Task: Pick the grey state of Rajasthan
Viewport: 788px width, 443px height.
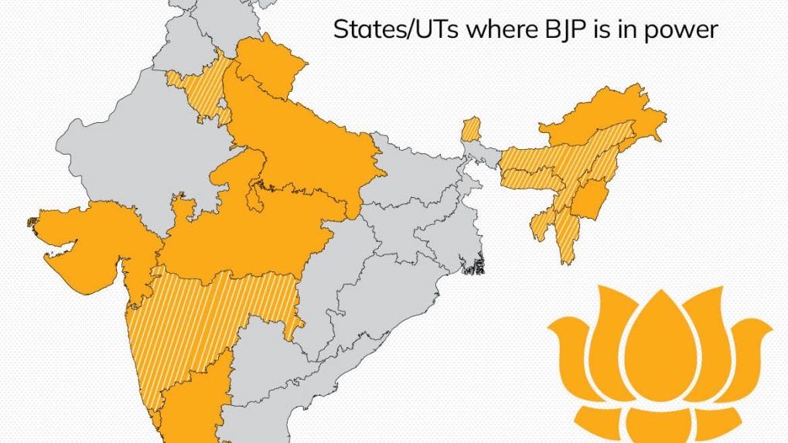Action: [155, 155]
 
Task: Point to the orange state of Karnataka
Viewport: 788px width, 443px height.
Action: [193, 394]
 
